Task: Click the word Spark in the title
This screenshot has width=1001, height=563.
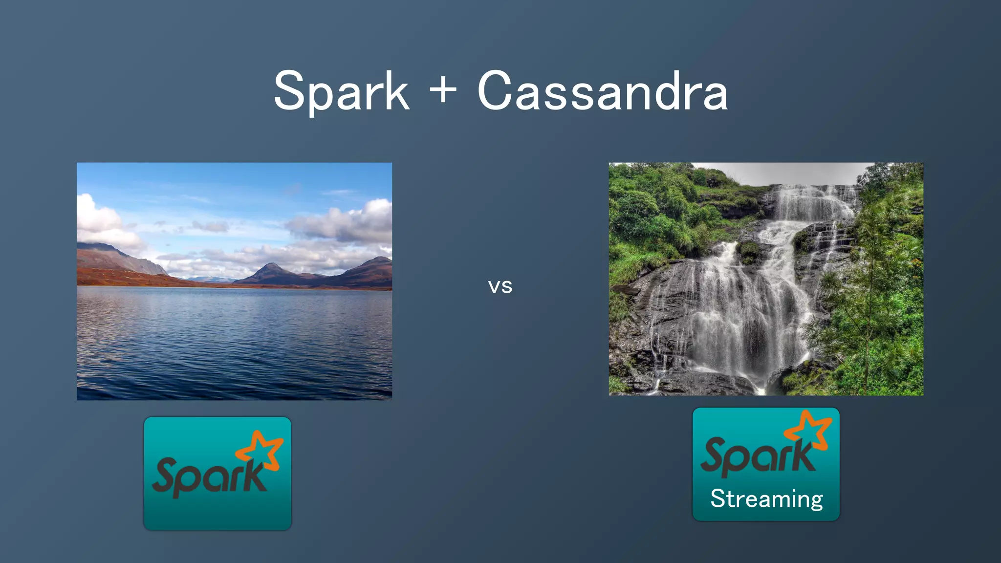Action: [341, 92]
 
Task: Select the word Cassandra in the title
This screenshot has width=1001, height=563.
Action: [602, 92]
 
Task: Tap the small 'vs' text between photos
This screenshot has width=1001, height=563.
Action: [500, 287]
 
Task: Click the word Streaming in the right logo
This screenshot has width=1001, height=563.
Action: [766, 499]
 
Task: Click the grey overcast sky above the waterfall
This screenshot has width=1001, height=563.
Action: [792, 173]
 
